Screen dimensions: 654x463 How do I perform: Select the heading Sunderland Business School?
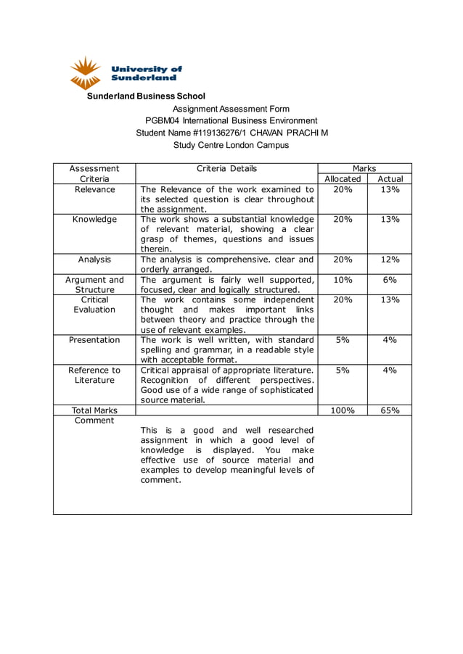(146, 96)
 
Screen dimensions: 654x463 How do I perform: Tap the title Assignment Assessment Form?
(231, 109)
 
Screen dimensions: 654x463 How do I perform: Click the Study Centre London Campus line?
(231, 145)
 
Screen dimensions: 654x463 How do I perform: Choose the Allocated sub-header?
(343, 178)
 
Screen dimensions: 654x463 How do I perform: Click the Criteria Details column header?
(226, 168)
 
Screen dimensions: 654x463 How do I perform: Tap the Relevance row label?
(94, 189)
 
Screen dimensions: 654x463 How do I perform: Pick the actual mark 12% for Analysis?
(390, 259)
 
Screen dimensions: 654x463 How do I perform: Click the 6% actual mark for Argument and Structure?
(390, 279)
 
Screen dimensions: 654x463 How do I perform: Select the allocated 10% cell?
(343, 279)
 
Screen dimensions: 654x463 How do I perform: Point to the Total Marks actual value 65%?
(390, 410)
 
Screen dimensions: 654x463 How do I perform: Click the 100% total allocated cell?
(343, 410)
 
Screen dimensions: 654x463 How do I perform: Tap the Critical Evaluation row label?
(94, 305)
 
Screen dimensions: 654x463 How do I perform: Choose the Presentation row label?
(94, 339)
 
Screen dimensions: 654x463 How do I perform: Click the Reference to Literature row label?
(94, 375)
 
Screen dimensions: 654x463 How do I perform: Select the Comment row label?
(94, 421)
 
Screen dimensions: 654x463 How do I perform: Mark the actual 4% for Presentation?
(390, 339)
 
